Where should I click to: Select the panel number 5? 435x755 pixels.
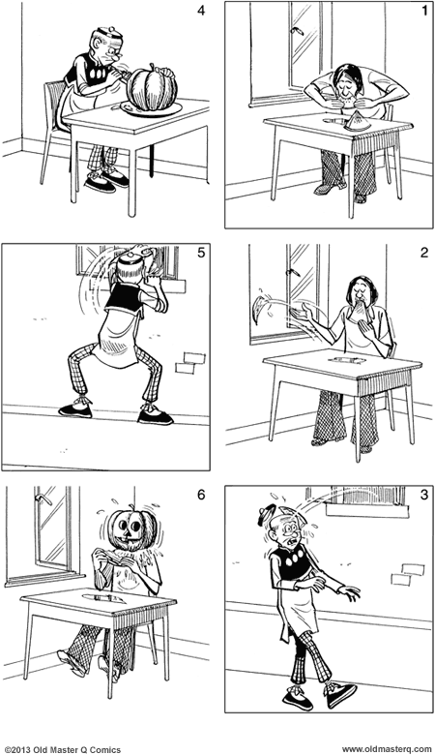click(199, 255)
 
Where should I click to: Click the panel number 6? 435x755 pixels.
click(200, 496)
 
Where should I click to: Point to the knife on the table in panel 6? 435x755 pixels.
click(101, 598)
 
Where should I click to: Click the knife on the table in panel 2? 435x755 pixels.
click(345, 358)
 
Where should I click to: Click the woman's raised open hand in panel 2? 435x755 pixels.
click(307, 312)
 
